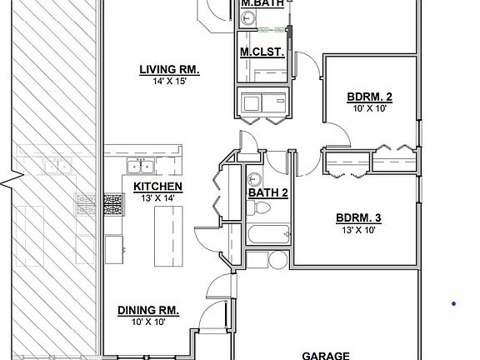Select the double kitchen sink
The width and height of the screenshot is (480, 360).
137,164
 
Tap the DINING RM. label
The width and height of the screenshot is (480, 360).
148,310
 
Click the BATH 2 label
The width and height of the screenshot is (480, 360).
267,193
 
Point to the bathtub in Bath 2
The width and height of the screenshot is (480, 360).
267,236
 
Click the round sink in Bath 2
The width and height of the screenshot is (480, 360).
256,178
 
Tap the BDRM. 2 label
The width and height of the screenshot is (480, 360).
369,97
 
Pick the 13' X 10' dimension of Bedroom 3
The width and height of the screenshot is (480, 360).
358,230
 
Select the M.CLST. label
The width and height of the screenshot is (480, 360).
262,52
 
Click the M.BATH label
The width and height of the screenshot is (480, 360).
262,4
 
